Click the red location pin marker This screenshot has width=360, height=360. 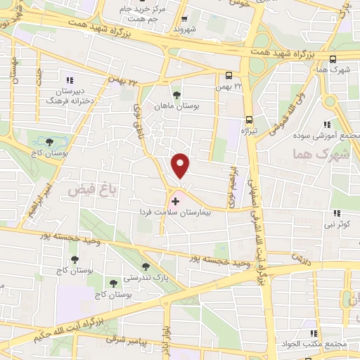181,166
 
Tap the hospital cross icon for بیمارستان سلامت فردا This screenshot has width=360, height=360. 175,201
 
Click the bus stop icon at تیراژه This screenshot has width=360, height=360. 250,120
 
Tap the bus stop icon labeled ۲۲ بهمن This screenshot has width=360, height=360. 229,75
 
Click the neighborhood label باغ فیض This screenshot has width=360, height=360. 86,190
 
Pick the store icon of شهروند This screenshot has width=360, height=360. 184,20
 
